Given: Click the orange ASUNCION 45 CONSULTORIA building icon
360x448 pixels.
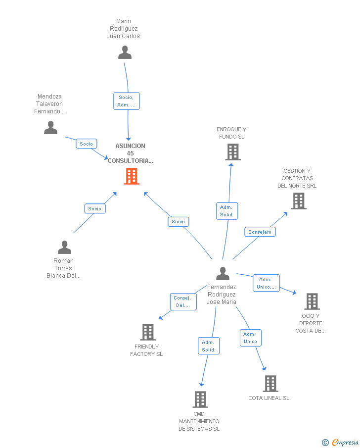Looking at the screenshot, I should [x=131, y=176].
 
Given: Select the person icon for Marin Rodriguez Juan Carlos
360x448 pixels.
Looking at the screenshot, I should [x=125, y=52].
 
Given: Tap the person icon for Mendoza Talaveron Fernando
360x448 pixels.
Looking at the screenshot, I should [x=50, y=128].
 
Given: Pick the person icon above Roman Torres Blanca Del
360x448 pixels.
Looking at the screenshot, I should [x=64, y=247].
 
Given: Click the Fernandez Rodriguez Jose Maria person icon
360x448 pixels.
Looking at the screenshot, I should [x=223, y=273].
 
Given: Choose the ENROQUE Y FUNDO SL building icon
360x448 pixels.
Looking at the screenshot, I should [x=233, y=152].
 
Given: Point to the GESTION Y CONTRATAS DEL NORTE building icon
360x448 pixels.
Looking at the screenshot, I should [x=298, y=200].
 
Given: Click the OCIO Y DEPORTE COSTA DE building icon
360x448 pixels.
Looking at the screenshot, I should [x=312, y=301].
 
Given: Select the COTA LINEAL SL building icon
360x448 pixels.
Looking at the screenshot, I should [x=270, y=383].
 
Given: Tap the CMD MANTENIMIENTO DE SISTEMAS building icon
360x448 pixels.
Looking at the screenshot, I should [x=200, y=399].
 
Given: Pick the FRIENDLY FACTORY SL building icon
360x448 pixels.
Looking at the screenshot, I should [x=148, y=332].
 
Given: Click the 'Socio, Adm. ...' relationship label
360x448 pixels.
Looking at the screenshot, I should [x=126, y=101].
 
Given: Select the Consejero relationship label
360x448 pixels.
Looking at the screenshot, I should [x=260, y=232].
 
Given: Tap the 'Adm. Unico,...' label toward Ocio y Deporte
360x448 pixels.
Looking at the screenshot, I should [x=266, y=283].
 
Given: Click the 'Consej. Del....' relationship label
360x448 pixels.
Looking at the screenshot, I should [x=182, y=301].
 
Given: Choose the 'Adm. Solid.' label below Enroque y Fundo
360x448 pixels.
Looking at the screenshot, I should [x=227, y=211].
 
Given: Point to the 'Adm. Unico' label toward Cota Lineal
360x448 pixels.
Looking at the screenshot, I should [x=250, y=338].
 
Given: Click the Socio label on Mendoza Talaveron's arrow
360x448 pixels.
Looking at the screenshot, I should [x=86, y=144].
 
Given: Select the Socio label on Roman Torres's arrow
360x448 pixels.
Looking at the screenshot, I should [x=94, y=208].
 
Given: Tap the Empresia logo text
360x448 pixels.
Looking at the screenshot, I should [x=344, y=442].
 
